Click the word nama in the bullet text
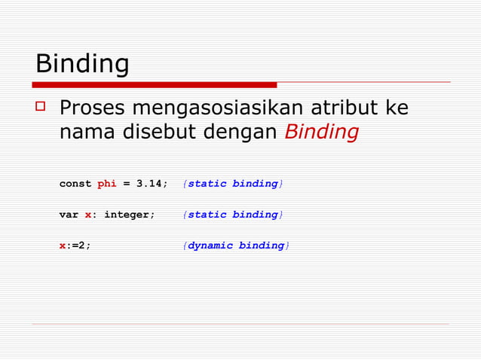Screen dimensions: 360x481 coord(85,133)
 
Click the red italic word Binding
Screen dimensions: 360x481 coord(321,133)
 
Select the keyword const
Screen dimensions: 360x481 coord(75,184)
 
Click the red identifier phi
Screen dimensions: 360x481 coord(107,184)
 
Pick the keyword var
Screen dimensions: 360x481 coord(69,215)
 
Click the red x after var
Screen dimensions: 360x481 coord(88,215)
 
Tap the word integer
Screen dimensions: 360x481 coord(129,215)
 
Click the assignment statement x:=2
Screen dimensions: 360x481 coord(75,246)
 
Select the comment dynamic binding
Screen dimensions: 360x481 coord(236,246)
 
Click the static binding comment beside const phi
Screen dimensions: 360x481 coord(233,184)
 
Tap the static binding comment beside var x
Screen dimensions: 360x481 coord(233,215)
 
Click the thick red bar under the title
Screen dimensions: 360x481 coord(155,84)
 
